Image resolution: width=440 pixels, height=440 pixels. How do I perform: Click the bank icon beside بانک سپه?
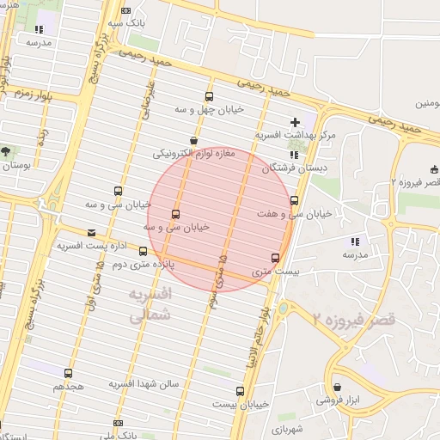tap(127, 10)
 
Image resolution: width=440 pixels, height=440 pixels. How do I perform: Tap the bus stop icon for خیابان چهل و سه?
tap(209, 96)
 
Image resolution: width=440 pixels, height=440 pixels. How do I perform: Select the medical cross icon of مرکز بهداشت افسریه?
tap(296, 123)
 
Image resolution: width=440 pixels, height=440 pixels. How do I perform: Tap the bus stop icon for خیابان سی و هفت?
tap(295, 200)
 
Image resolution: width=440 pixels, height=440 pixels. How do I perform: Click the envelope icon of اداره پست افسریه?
tap(92, 232)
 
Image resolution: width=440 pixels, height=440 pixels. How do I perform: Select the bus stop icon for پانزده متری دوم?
tap(143, 252)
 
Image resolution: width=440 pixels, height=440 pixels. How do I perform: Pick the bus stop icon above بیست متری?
tap(275, 257)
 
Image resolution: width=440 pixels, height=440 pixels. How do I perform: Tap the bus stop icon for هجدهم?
tap(68, 373)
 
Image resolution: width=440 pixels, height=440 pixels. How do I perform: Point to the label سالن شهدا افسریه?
tap(144, 384)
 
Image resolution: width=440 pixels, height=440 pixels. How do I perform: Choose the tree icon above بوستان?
tap(6, 150)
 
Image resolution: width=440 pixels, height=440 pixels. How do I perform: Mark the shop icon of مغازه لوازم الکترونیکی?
tap(194, 140)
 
